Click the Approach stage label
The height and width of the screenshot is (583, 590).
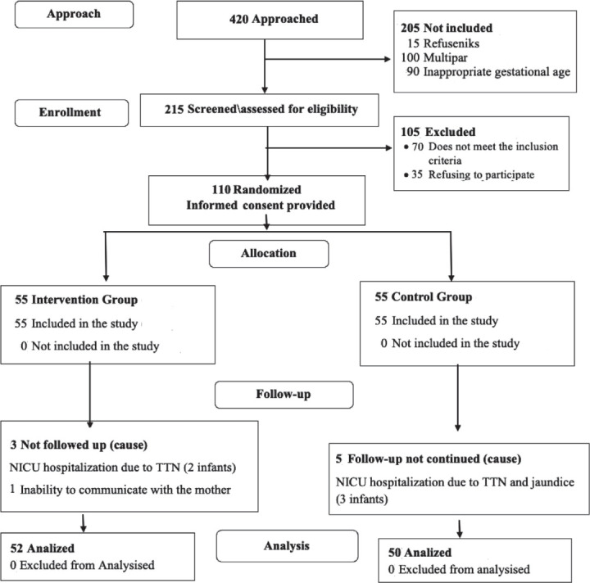click(74, 14)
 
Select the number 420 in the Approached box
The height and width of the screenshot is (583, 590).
click(239, 19)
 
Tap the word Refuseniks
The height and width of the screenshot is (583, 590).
click(452, 43)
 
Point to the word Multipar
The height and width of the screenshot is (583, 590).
click(445, 58)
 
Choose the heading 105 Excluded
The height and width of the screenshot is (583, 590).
click(438, 132)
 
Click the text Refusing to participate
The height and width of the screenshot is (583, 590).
click(481, 174)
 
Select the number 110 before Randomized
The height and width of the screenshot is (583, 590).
click(221, 189)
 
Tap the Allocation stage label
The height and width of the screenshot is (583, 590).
click(269, 253)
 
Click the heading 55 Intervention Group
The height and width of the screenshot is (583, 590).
click(76, 300)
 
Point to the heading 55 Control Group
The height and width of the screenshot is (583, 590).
click(424, 297)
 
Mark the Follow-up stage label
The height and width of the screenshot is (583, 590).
click(284, 395)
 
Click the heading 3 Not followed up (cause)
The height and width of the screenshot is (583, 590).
click(79, 445)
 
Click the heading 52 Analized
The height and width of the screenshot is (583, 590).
click(42, 549)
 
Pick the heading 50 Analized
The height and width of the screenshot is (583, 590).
click(420, 553)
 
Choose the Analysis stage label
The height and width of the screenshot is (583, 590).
click(287, 546)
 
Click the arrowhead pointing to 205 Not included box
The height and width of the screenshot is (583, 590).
click(387, 59)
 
